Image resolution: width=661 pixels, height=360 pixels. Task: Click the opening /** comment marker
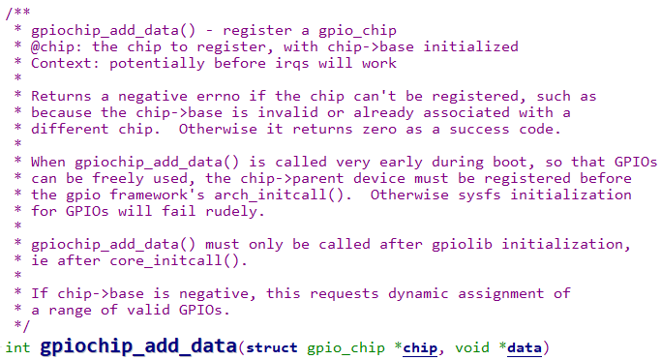(16, 13)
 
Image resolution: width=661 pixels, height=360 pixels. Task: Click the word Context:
(67, 63)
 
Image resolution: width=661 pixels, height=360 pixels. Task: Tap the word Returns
(63, 96)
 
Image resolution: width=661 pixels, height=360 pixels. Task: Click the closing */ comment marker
(20, 326)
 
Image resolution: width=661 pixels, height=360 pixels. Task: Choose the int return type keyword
(17, 345)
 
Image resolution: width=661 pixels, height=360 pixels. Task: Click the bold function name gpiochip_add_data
(139, 345)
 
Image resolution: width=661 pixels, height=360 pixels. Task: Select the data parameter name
(526, 345)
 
